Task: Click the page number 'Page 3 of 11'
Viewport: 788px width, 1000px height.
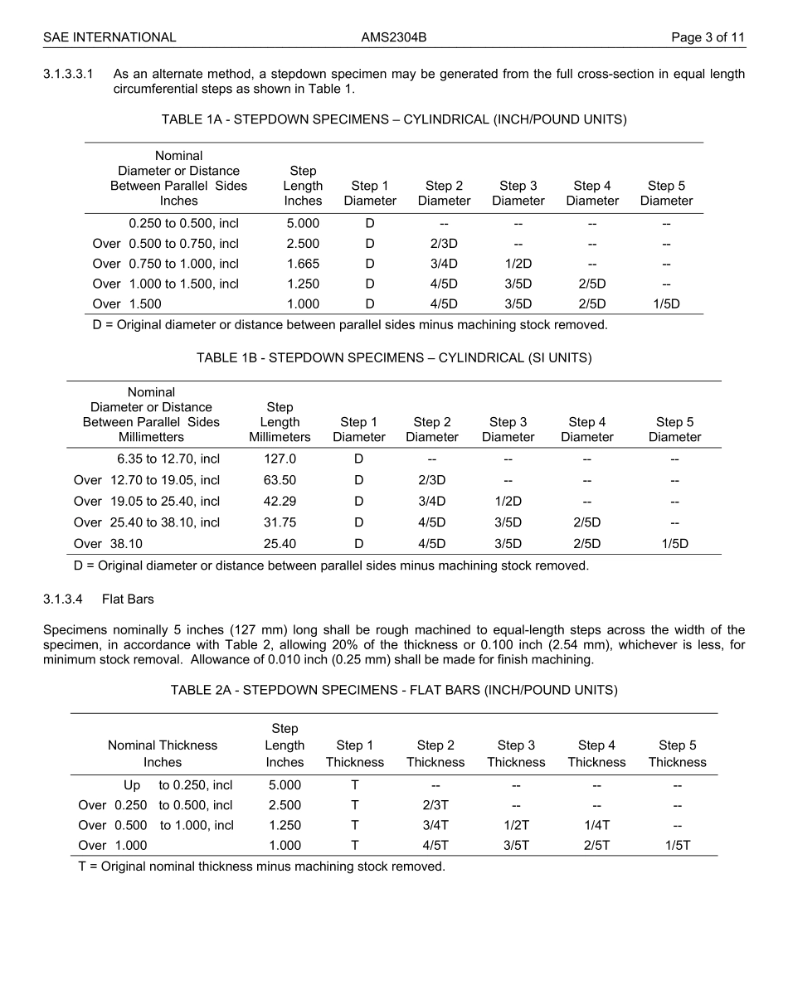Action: (x=708, y=37)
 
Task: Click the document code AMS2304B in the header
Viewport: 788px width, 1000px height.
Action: (x=394, y=37)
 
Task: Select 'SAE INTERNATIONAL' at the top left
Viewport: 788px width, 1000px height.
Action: (x=109, y=37)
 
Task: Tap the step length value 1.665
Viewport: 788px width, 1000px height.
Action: (x=303, y=264)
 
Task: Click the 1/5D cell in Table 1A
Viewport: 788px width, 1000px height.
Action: (x=666, y=303)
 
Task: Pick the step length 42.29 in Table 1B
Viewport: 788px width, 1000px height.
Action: (x=280, y=501)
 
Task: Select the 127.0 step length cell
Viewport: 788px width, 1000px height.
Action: (x=280, y=459)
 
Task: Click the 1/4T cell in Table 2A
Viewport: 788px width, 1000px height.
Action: (x=596, y=825)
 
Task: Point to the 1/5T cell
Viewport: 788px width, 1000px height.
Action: (x=677, y=845)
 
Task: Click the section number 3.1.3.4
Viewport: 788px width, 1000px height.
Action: (x=65, y=599)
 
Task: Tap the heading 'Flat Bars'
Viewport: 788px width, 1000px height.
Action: (x=128, y=599)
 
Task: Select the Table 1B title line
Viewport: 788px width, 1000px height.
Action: (x=394, y=358)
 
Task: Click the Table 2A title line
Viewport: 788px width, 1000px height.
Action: (x=394, y=690)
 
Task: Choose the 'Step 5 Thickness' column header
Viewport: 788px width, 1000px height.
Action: (x=677, y=754)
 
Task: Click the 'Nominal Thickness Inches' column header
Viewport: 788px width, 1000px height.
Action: (x=163, y=754)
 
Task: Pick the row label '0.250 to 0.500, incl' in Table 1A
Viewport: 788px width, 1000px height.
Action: (x=183, y=223)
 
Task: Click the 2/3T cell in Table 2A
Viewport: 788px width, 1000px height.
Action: (x=435, y=805)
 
